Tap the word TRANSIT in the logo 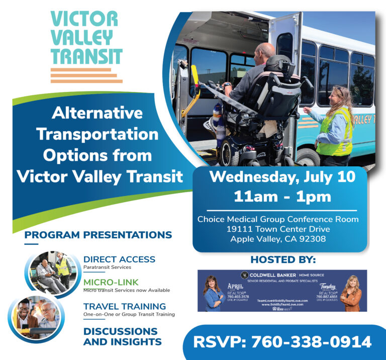pyautogui.click(x=86, y=56)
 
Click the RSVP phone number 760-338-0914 pyautogui.click(x=283, y=342)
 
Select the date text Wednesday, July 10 pyautogui.click(x=282, y=176)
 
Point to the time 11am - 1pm pyautogui.click(x=282, y=196)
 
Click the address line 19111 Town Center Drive pyautogui.click(x=278, y=229)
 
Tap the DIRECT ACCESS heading pyautogui.click(x=119, y=259)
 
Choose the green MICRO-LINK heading pyautogui.click(x=111, y=282)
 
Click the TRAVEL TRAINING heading pyautogui.click(x=125, y=306)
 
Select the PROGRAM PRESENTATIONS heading pyautogui.click(x=98, y=235)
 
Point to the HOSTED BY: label pyautogui.click(x=283, y=260)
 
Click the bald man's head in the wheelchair pyautogui.click(x=265, y=51)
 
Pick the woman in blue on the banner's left pyautogui.click(x=213, y=294)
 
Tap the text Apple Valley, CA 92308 pyautogui.click(x=278, y=239)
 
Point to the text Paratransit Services pyautogui.click(x=107, y=267)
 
